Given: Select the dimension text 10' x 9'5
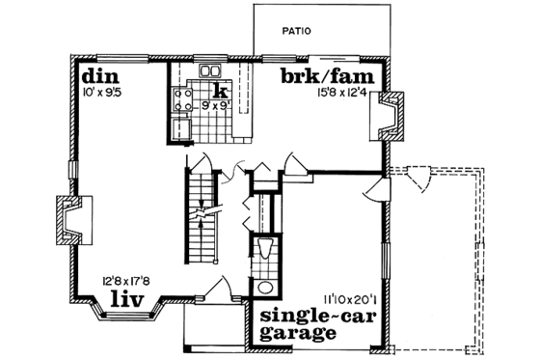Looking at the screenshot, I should click(x=102, y=94).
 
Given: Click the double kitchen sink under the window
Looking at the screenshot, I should click(x=209, y=71).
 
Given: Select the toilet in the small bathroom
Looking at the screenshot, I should click(x=265, y=250).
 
